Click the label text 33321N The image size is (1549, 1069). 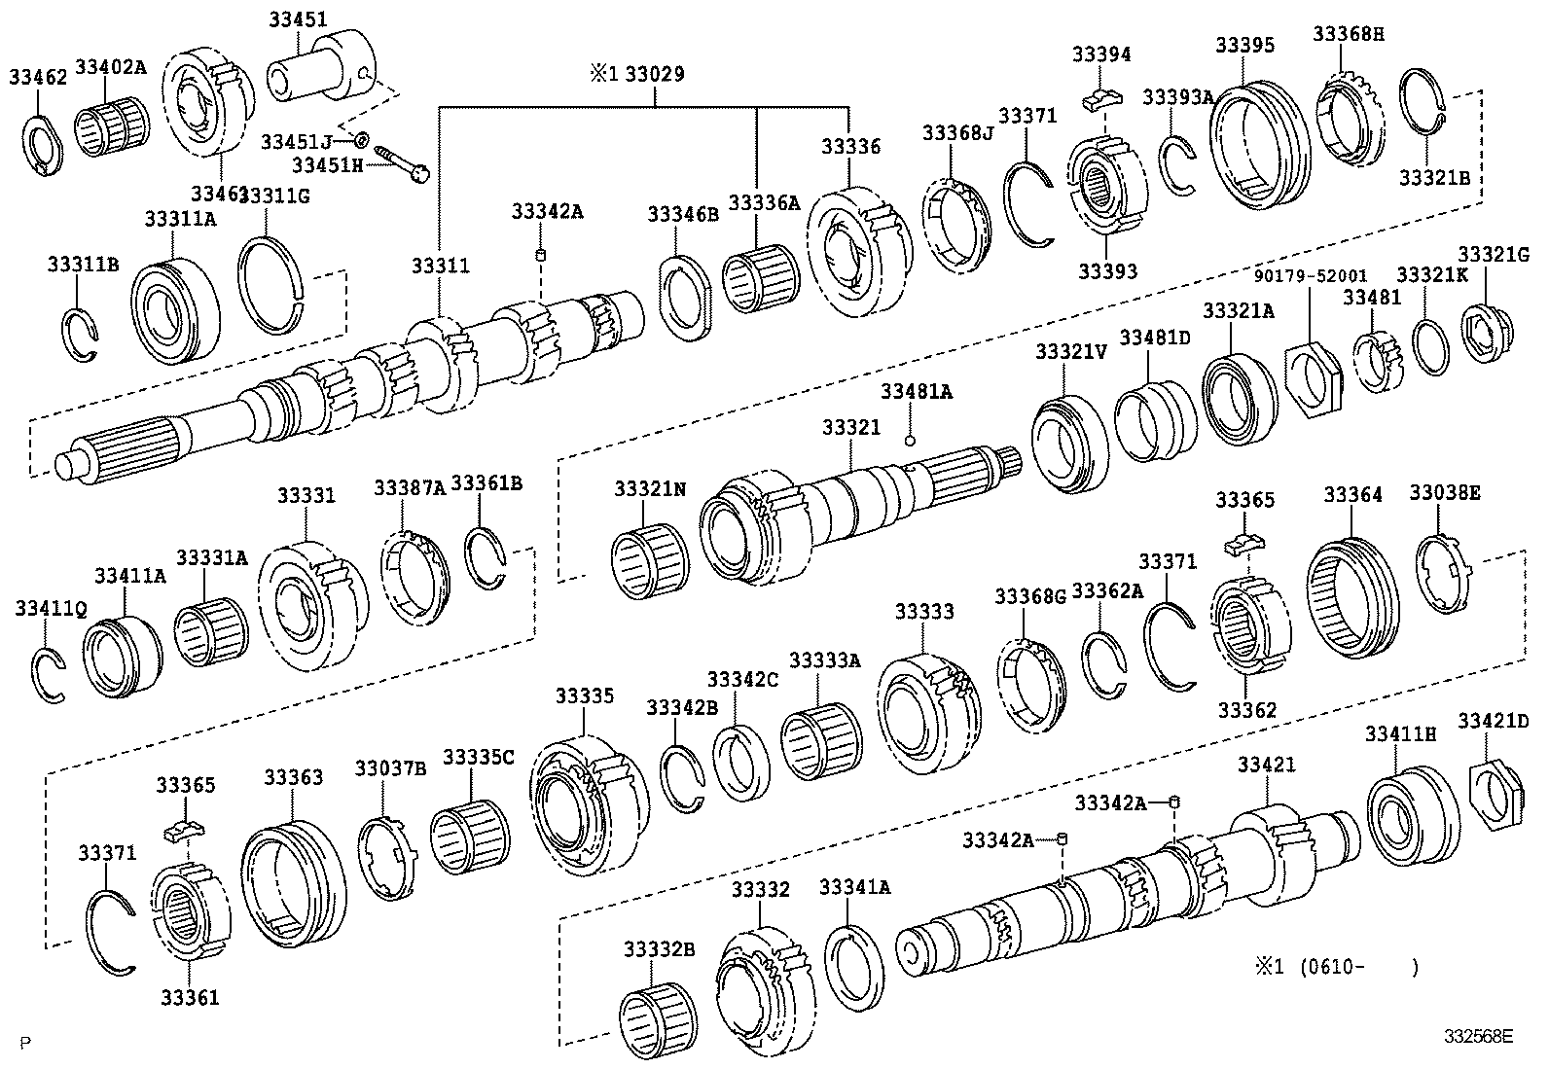[x=649, y=489]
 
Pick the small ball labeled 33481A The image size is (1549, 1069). [x=910, y=440]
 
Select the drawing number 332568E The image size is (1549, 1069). [x=1478, y=1037]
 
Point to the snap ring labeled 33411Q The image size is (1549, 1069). [x=47, y=674]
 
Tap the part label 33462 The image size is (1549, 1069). [x=38, y=77]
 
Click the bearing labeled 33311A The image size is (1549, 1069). [x=175, y=308]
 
